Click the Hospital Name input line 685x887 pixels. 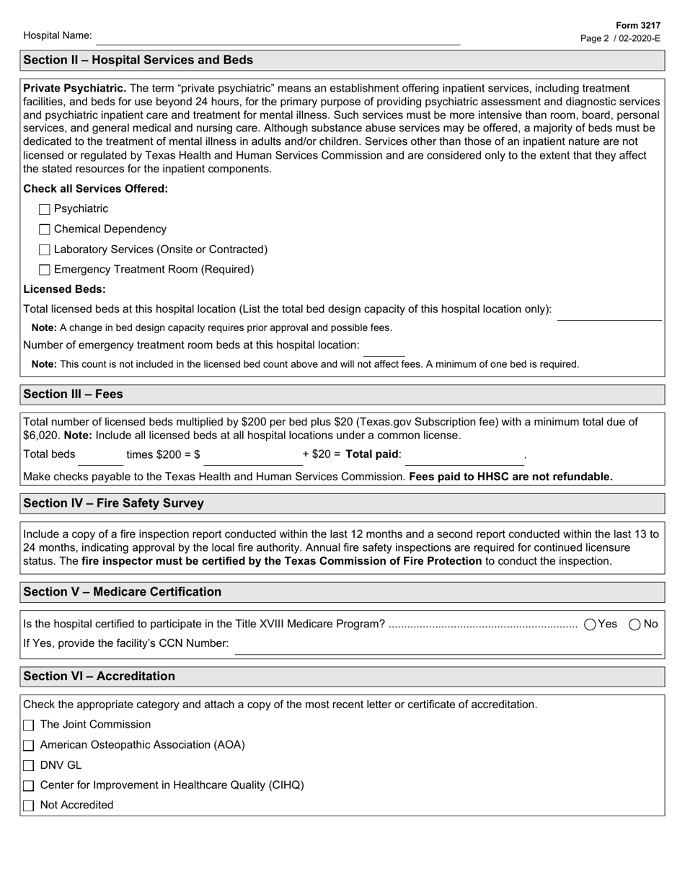click(278, 37)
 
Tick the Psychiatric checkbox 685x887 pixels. click(45, 210)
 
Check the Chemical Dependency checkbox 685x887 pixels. click(45, 230)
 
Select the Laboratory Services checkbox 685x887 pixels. click(45, 250)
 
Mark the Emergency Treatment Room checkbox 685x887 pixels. click(45, 270)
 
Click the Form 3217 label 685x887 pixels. click(637, 25)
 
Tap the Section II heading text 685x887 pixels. click(138, 60)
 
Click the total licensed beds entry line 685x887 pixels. click(609, 313)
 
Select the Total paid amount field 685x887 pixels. click(464, 458)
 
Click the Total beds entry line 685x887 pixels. click(100, 458)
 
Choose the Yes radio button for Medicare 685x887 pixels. click(591, 625)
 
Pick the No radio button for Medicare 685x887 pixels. click(635, 625)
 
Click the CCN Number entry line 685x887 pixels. click(447, 647)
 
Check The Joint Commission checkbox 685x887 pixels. click(29, 725)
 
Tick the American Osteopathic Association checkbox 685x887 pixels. click(29, 746)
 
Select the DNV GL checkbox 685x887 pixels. click(29, 766)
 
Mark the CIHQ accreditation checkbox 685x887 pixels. click(29, 786)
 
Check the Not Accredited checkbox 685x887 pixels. click(29, 806)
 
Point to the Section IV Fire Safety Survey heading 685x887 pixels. click(113, 503)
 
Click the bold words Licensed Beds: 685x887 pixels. click(64, 289)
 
